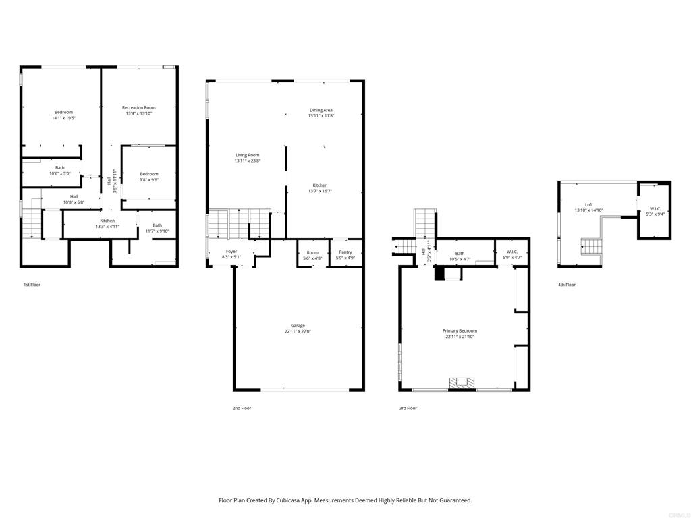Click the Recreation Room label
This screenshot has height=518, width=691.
click(138, 107)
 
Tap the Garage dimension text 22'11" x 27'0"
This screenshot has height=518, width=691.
click(298, 331)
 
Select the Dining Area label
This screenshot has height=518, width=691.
click(321, 110)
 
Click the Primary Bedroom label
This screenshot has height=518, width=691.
click(460, 330)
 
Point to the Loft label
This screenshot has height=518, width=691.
click(588, 204)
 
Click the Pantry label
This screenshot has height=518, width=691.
click(345, 252)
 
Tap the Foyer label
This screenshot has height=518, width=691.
click(231, 252)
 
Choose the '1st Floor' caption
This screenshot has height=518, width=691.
click(32, 285)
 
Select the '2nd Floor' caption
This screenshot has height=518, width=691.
click(242, 408)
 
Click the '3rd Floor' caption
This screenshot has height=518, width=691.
click(408, 408)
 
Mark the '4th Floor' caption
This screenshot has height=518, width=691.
click(566, 285)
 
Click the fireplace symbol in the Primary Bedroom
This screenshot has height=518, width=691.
click(462, 384)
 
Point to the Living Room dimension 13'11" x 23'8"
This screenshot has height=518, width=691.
click(247, 161)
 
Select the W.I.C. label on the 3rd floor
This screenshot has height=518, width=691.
click(512, 252)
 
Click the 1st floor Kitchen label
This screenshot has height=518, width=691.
click(107, 221)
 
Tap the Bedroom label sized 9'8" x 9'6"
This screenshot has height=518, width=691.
click(149, 174)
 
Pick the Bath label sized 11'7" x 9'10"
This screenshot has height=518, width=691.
click(157, 225)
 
